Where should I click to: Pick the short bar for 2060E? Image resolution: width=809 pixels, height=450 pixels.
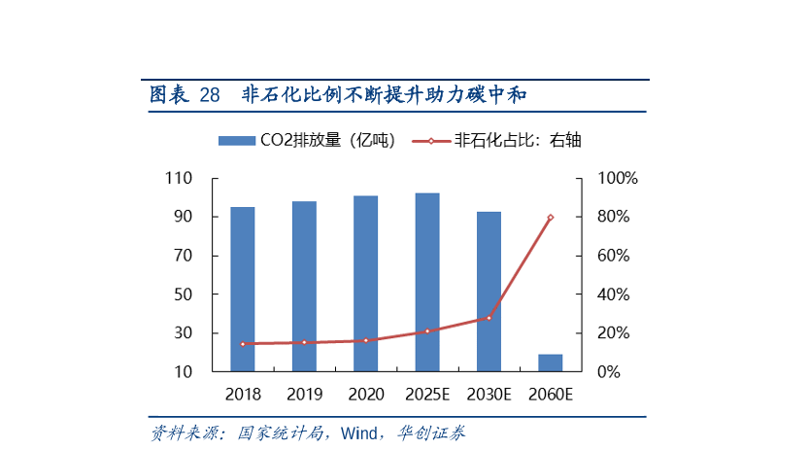coord(550,363)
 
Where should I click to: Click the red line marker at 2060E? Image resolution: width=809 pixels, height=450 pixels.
coord(551,218)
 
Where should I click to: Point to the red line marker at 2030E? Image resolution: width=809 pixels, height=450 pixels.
coord(489,318)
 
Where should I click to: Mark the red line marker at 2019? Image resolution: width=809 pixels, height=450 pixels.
coord(304,342)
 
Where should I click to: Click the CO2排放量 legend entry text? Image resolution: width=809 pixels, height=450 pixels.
coord(326,141)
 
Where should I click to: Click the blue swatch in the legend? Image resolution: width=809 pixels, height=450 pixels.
coord(236,141)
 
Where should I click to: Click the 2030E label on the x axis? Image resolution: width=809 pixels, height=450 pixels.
coord(489,395)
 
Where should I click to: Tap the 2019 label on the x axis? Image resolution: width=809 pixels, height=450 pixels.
coord(304,395)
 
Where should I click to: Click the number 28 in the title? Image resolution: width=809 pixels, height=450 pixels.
coord(209,95)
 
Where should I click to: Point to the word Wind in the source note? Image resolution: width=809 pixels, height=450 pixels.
coord(357,433)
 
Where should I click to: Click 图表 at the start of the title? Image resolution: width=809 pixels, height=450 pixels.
coord(168,95)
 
